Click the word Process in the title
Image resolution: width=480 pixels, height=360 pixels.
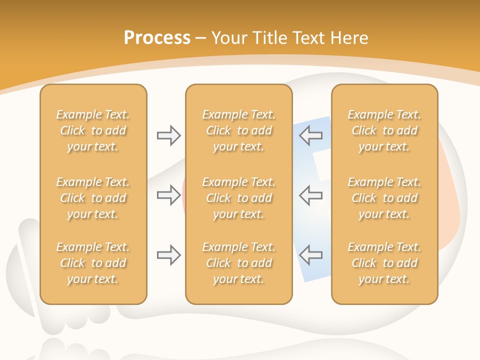click(x=157, y=38)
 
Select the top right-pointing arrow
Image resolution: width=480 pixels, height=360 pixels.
click(x=168, y=135)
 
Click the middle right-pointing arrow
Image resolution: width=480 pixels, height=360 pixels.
click(x=168, y=194)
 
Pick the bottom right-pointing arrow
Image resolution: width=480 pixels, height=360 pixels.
click(x=168, y=255)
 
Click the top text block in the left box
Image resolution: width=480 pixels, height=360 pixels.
click(x=93, y=130)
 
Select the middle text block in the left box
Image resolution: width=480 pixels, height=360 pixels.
click(x=93, y=198)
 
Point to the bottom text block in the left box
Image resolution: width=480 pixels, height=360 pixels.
click(x=93, y=263)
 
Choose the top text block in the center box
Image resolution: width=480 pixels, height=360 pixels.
click(x=238, y=130)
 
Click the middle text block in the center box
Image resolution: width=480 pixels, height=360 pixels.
click(x=238, y=198)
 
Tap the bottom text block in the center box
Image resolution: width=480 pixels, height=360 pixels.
click(x=238, y=263)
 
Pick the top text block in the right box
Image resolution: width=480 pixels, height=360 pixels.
click(x=384, y=130)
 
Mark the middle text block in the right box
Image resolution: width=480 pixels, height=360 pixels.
click(x=384, y=198)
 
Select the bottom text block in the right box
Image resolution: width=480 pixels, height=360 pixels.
click(x=384, y=263)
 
